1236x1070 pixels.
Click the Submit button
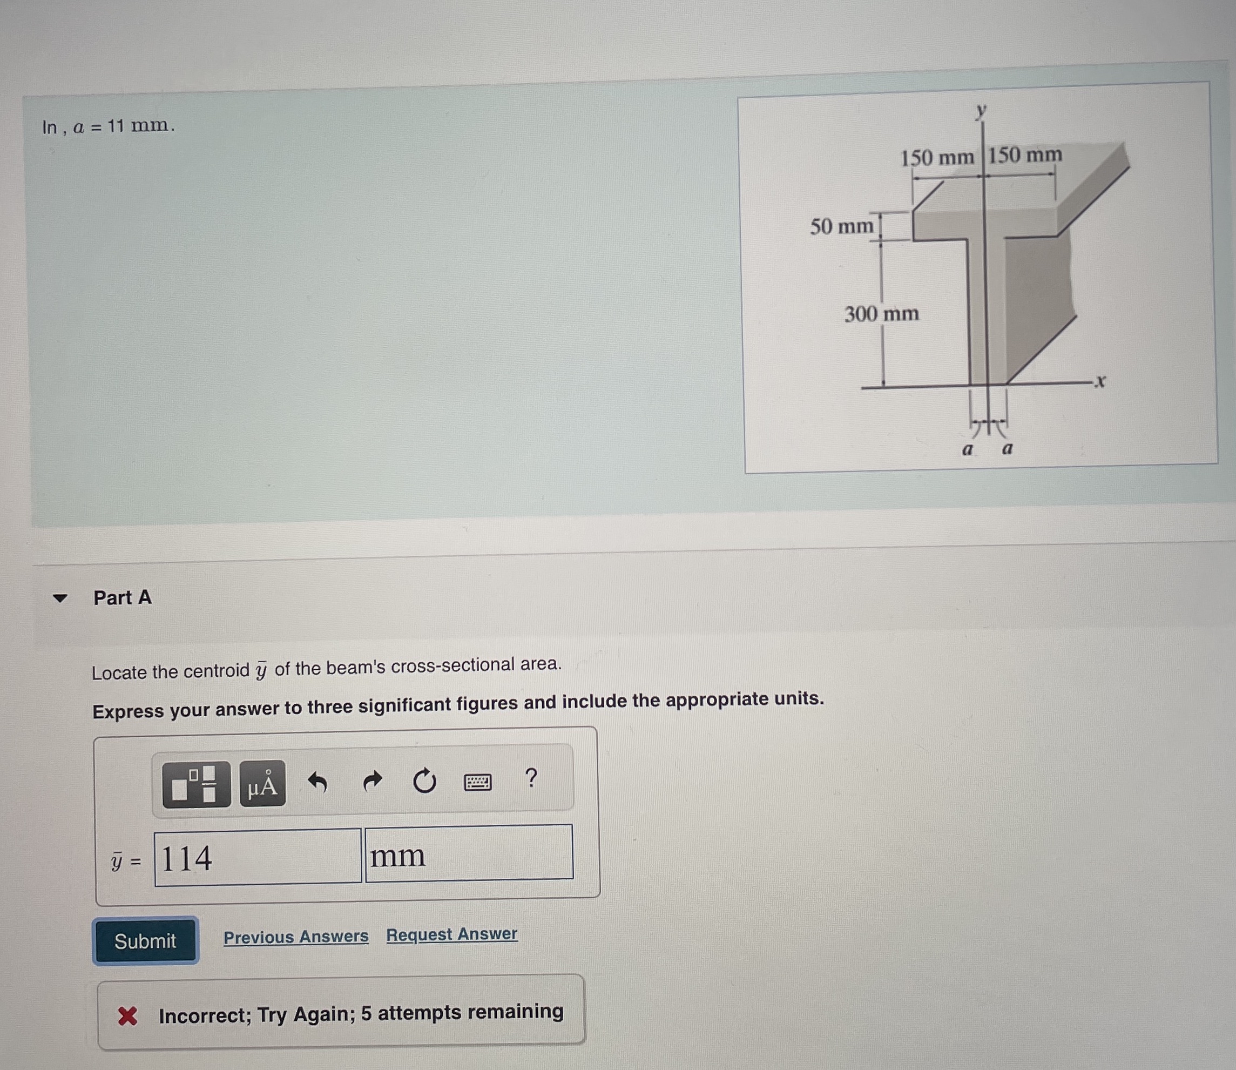(145, 941)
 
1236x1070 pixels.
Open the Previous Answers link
(296, 936)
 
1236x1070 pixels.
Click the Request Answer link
(452, 934)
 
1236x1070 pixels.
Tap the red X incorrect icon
(127, 1015)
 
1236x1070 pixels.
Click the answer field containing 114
(258, 857)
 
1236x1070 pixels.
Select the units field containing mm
(469, 853)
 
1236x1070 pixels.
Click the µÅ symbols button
(262, 784)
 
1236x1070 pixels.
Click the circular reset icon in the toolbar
(424, 781)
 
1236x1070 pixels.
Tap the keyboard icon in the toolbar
(478, 782)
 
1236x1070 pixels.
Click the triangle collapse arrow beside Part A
(60, 598)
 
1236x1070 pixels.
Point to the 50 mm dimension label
(841, 227)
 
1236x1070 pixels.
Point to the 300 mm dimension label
(881, 314)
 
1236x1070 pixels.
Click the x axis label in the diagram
(1100, 381)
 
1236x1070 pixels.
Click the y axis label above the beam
(981, 111)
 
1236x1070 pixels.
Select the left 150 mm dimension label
(937, 158)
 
